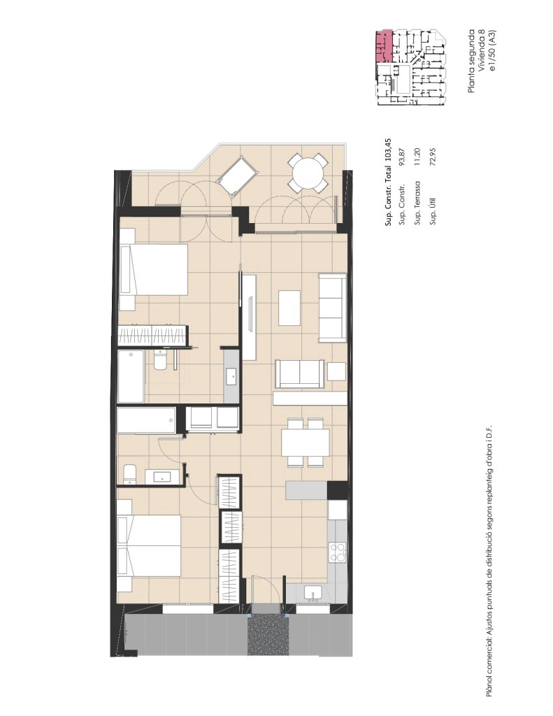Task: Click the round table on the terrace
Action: pyautogui.click(x=308, y=173)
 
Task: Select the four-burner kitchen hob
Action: pyautogui.click(x=338, y=552)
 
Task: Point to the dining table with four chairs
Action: pyautogui.click(x=306, y=443)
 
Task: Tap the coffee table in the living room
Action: pyautogui.click(x=289, y=308)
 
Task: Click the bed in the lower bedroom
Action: pyautogui.click(x=150, y=545)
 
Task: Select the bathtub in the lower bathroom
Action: pyautogui.click(x=147, y=420)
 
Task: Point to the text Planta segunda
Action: pyautogui.click(x=471, y=61)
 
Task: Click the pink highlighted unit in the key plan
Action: pyautogui.click(x=384, y=46)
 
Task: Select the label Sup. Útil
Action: pyautogui.click(x=433, y=211)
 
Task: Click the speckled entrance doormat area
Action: pyautogui.click(x=268, y=635)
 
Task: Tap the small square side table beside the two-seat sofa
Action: pyautogui.click(x=336, y=371)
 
